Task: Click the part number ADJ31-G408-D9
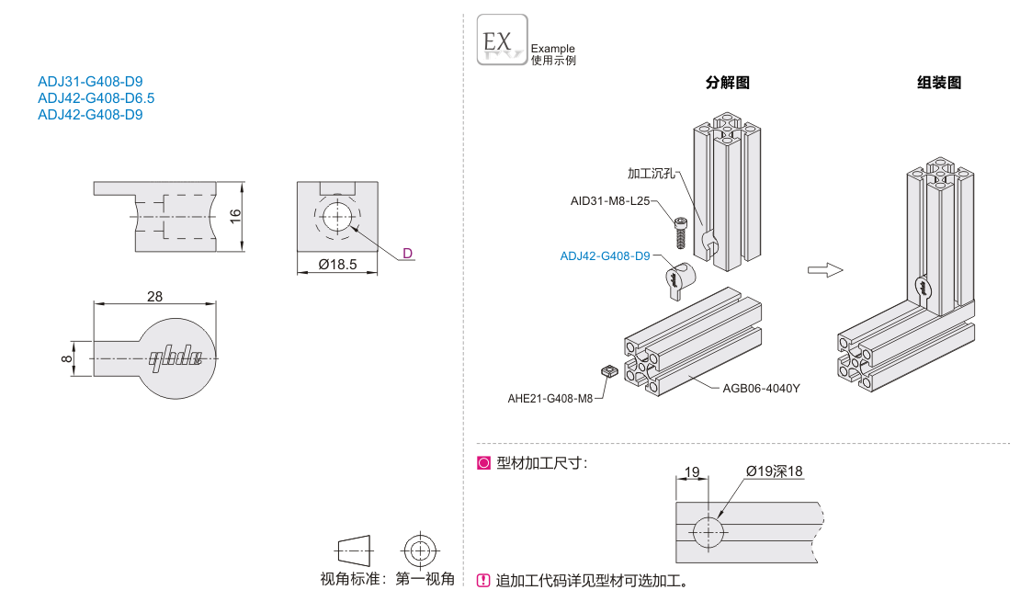click(x=90, y=82)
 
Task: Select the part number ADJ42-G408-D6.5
click(x=96, y=98)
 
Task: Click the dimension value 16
click(x=234, y=215)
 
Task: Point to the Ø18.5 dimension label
click(x=336, y=265)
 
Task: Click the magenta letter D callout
click(x=408, y=254)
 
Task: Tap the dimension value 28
click(x=154, y=296)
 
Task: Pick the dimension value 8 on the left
click(x=66, y=357)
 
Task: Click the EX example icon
click(x=502, y=40)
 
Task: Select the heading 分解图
click(x=728, y=83)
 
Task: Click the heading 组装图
click(x=939, y=83)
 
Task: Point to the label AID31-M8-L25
click(x=609, y=200)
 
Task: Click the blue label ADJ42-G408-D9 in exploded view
click(x=605, y=256)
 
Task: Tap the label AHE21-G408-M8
click(x=550, y=399)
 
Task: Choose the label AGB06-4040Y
click(x=761, y=388)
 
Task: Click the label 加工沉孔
click(x=651, y=173)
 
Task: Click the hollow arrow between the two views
click(x=824, y=269)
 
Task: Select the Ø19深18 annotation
click(x=774, y=471)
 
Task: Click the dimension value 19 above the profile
click(x=692, y=472)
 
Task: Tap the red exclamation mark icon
click(x=483, y=580)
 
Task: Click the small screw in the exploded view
click(x=679, y=231)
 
